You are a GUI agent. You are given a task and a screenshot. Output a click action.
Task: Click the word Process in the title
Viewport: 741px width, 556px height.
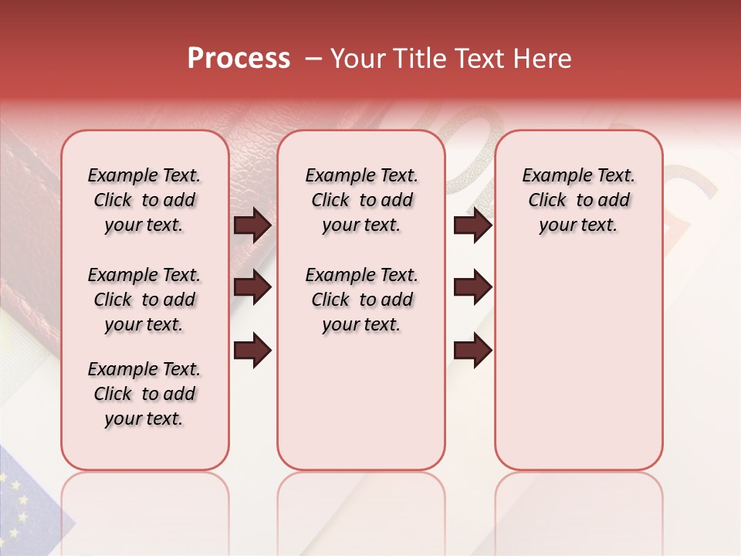click(x=239, y=59)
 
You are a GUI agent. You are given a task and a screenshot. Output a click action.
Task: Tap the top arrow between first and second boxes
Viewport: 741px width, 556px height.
click(x=252, y=225)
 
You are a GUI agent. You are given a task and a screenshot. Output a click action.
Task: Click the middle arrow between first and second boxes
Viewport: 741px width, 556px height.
click(x=252, y=288)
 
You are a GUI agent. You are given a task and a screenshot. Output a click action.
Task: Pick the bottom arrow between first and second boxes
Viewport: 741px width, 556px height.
click(x=252, y=351)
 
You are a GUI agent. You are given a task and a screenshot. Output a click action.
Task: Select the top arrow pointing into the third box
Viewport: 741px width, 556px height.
click(x=472, y=225)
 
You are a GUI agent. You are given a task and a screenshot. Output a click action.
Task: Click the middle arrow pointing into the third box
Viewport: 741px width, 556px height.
click(x=472, y=288)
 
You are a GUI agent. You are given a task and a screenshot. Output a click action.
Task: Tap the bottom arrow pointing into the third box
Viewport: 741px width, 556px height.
click(x=472, y=351)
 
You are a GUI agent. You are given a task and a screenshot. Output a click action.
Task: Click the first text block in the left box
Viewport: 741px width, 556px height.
click(x=144, y=200)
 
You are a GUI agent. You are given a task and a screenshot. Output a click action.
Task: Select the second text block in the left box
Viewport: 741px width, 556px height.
click(x=144, y=300)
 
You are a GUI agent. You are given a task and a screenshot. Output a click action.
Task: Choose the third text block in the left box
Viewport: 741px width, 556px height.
click(x=144, y=394)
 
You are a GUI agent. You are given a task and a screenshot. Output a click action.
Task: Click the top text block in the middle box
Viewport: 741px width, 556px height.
click(x=361, y=200)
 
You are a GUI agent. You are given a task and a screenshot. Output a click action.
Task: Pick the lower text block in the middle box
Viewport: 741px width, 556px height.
click(x=361, y=300)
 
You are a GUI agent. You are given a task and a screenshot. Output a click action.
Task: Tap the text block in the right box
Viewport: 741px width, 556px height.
click(x=578, y=200)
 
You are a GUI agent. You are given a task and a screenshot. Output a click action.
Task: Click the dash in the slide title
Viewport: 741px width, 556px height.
click(x=313, y=59)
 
